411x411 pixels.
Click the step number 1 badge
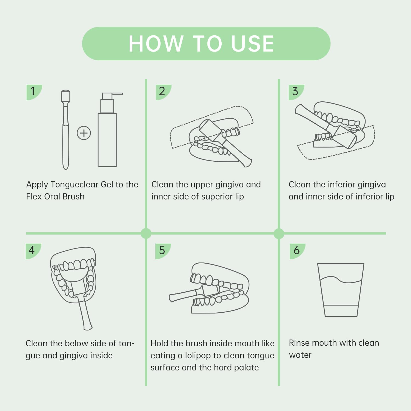click(34, 92)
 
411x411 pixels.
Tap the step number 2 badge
click(163, 92)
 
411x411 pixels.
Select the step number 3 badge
click(296, 92)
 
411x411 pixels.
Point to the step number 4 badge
click(33, 251)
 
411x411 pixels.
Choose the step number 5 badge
click(163, 251)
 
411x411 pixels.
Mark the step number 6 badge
click(298, 251)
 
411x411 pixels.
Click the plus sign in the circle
click(84, 133)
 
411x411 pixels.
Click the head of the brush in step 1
click(66, 96)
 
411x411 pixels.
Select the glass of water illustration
click(341, 290)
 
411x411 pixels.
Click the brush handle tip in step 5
click(171, 298)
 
